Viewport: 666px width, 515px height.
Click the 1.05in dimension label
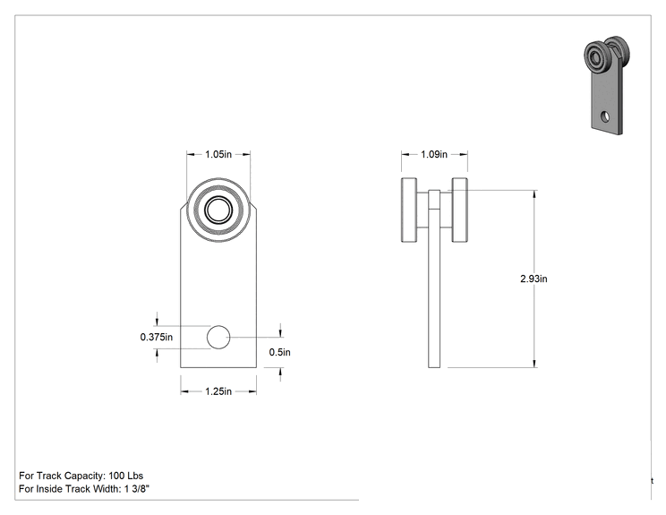[218, 154]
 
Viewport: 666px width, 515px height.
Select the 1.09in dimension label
[434, 154]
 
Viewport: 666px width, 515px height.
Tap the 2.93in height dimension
[534, 279]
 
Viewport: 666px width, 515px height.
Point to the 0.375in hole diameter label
[157, 337]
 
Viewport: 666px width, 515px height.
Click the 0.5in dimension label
[280, 352]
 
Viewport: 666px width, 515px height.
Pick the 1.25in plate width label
[218, 391]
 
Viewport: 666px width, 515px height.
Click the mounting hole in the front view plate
[218, 337]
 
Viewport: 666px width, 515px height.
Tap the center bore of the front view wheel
[218, 210]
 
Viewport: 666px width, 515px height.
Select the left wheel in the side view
[409, 210]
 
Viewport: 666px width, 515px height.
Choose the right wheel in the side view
[459, 210]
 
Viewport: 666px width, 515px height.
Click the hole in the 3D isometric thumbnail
[605, 116]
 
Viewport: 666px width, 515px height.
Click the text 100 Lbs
[125, 476]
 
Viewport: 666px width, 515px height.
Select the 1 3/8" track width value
[137, 489]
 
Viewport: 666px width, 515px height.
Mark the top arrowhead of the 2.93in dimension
[534, 194]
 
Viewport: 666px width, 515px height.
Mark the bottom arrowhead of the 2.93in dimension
[534, 364]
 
